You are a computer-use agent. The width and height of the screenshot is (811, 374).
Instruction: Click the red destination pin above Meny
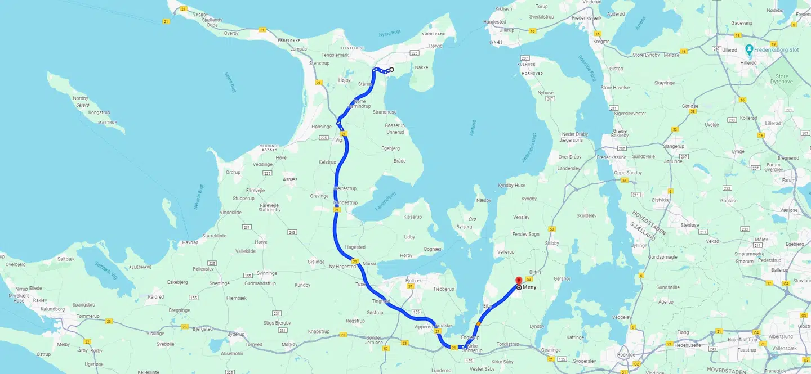[x=519, y=280]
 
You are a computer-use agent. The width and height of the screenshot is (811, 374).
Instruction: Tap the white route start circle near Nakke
[x=391, y=70]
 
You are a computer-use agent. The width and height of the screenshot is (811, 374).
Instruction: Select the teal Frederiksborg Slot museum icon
[x=749, y=49]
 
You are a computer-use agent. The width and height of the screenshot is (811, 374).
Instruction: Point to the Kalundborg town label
[x=53, y=309]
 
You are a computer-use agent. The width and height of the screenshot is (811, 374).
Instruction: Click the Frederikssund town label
[x=611, y=157]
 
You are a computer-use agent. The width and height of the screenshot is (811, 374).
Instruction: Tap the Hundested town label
[x=494, y=22]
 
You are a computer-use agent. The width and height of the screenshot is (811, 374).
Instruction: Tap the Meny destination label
[x=530, y=287]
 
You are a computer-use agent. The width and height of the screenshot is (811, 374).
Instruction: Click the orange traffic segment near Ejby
[x=478, y=323]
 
